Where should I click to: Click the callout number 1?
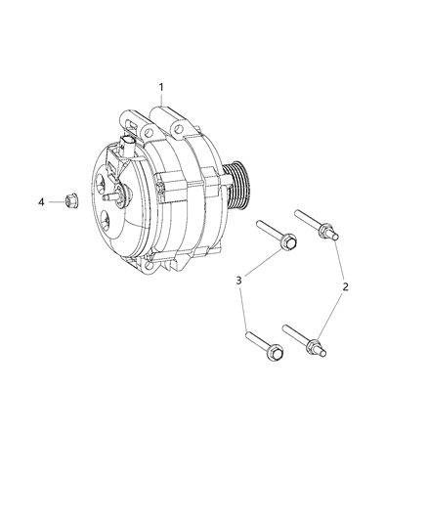point(161,88)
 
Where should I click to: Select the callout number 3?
point(238,282)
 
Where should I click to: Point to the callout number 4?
point(41,201)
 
